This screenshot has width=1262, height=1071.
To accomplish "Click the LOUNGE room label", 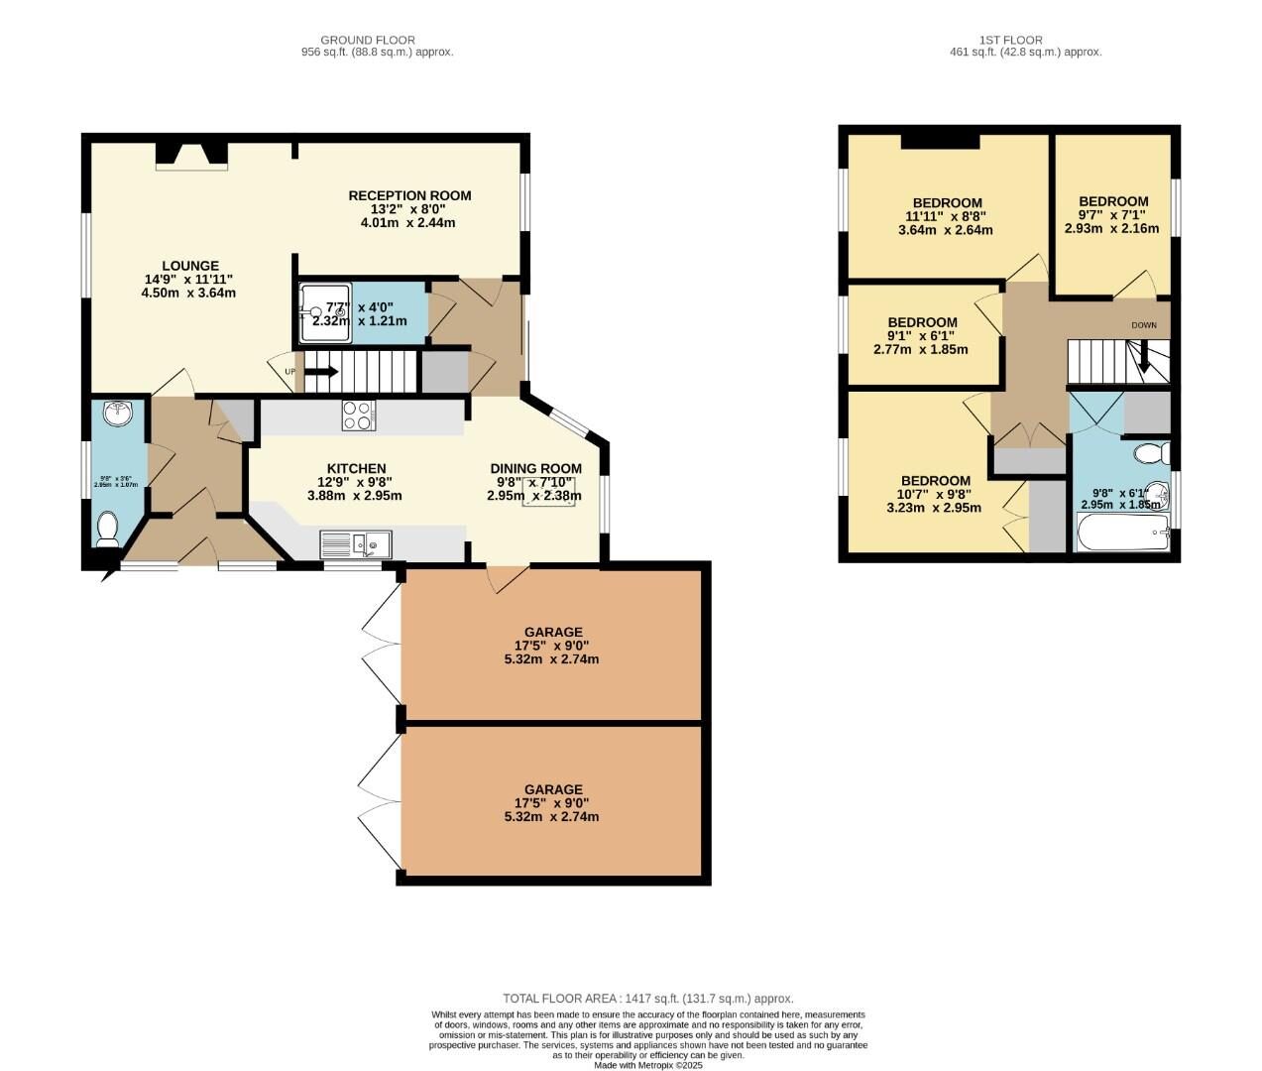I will (190, 266).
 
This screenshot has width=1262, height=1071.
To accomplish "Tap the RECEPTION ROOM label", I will (408, 195).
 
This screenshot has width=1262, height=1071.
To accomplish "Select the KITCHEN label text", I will (356, 469).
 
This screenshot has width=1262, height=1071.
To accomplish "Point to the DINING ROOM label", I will (535, 469).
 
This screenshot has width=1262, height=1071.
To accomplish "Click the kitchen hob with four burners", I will (358, 415).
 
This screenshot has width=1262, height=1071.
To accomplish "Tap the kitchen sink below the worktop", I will (356, 544).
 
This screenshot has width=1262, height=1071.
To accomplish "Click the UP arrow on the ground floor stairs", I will (321, 372).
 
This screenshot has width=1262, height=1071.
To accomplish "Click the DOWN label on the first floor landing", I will (1143, 325).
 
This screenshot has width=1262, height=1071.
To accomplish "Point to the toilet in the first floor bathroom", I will (1153, 454).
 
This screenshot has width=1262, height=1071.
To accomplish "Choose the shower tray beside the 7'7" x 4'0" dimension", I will (325, 312).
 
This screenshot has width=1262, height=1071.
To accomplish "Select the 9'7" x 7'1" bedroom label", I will (1112, 201).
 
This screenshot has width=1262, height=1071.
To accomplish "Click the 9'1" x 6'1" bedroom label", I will (922, 322).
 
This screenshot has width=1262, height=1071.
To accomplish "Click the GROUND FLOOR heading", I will (368, 41).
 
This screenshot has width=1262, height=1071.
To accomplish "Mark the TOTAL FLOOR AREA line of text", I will (647, 999).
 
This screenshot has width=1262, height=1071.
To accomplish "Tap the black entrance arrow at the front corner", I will (105, 572).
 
